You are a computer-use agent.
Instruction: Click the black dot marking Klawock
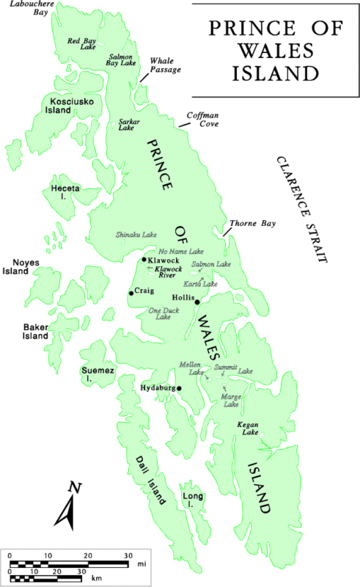144,260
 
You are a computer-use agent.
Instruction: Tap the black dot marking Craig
131,293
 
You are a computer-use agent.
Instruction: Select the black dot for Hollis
197,302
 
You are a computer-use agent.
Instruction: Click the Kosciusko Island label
70,105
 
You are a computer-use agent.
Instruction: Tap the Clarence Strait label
301,209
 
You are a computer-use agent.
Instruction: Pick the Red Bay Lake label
81,43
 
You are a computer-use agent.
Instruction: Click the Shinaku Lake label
136,235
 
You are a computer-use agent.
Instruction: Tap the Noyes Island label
26,266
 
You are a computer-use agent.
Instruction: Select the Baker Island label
35,331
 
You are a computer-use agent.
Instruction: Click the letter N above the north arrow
73,487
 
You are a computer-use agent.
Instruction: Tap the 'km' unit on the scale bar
96,579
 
